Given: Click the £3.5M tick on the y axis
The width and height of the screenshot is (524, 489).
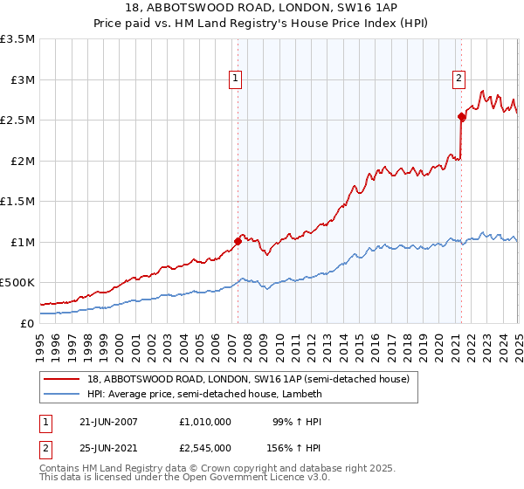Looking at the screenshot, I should click(17, 39).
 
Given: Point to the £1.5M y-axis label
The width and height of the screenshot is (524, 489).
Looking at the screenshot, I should click(17, 201).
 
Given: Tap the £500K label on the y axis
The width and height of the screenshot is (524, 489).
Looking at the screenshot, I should click(17, 282).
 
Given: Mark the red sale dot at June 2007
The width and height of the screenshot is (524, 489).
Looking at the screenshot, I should click(238, 241).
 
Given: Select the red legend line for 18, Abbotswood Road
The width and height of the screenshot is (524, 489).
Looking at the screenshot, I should click(62, 378).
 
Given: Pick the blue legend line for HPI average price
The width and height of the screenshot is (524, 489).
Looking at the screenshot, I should click(62, 394).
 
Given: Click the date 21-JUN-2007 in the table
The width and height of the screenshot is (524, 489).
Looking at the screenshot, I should click(108, 421).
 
